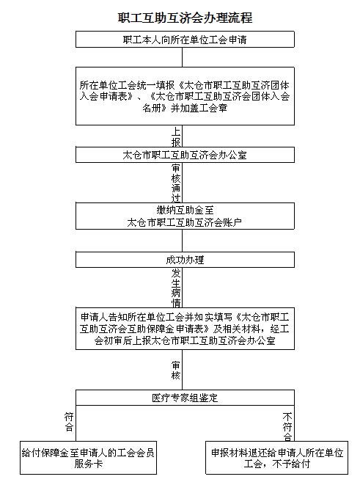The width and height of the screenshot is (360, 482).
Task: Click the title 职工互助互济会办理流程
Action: pos(185,18)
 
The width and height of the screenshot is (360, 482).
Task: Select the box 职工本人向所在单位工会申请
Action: pos(185,39)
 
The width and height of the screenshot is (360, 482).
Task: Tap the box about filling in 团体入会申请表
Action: pos(185,96)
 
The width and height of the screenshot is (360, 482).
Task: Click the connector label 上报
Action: pos(176,137)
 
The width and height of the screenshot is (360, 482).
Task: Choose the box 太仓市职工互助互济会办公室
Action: pos(185,155)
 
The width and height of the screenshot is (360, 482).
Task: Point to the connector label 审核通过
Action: pos(176,183)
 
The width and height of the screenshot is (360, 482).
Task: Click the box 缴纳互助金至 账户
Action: pos(185,216)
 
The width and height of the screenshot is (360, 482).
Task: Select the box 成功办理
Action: pos(185,260)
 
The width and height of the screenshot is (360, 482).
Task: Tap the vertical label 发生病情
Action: pos(176,288)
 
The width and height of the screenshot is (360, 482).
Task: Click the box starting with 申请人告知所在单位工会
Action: pos(185,328)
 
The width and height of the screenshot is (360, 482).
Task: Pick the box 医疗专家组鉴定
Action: pos(185,398)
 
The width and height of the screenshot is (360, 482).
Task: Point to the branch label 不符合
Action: pos(287,427)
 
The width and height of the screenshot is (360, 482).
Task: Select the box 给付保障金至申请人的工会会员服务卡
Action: pos(88,458)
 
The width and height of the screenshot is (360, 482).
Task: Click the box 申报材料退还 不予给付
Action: pos(276,458)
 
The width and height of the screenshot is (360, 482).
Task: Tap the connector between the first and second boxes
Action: pos(182,57)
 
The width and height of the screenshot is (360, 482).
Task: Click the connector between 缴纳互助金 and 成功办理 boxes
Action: pos(182,241)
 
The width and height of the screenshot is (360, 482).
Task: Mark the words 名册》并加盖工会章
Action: pos(185,108)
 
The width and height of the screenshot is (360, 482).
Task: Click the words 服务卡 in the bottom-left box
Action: pos(88,464)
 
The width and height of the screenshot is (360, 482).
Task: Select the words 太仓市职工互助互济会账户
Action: pos(184,222)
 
